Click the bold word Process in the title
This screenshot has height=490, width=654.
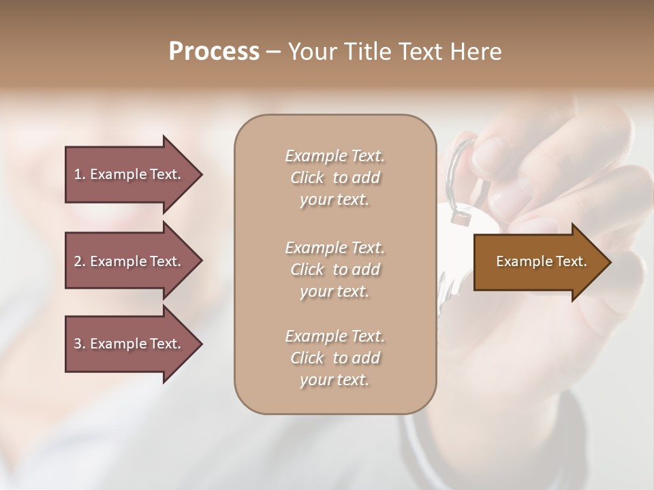tap(214, 52)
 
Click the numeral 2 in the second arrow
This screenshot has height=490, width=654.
tap(78, 261)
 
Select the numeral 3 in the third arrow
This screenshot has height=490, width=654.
tap(78, 344)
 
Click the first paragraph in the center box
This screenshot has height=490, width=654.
tap(334, 178)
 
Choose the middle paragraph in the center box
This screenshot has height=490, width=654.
tap(334, 269)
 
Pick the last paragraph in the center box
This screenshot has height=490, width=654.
tap(334, 358)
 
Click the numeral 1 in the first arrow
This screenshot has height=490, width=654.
tap(78, 174)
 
